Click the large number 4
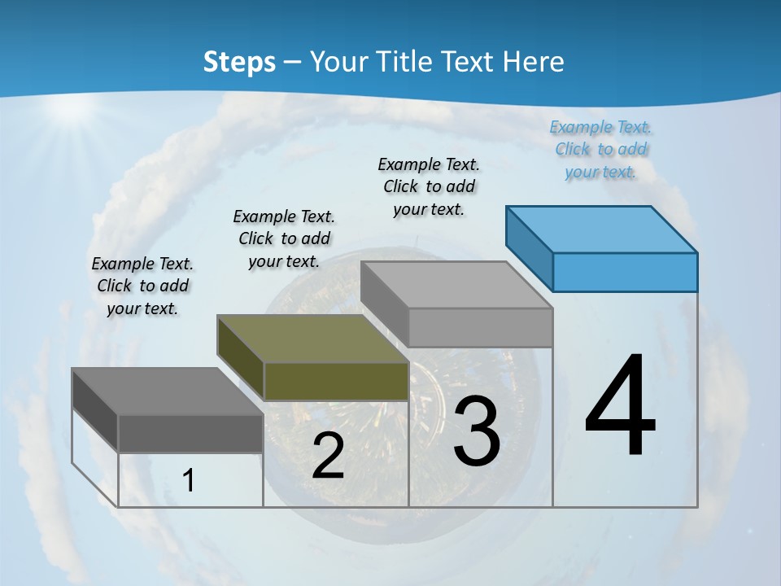(x=620, y=407)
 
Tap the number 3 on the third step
(x=477, y=431)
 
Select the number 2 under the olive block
(x=328, y=456)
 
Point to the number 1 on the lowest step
(x=189, y=481)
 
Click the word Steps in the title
(x=239, y=62)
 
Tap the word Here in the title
(x=535, y=62)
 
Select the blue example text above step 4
(x=600, y=150)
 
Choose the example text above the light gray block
(x=429, y=186)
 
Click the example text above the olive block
(x=284, y=238)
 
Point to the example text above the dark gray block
(x=142, y=286)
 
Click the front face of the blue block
(x=625, y=272)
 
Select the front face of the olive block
(x=336, y=381)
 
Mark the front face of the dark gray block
(x=190, y=433)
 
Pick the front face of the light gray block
(x=480, y=327)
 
